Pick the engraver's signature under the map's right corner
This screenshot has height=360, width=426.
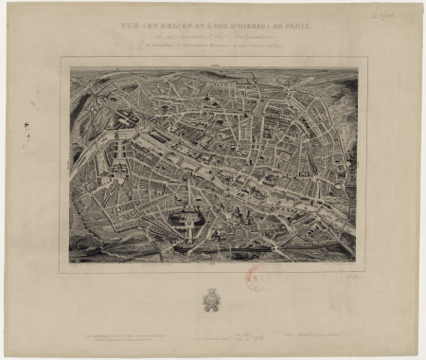pyautogui.click(x=346, y=267)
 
